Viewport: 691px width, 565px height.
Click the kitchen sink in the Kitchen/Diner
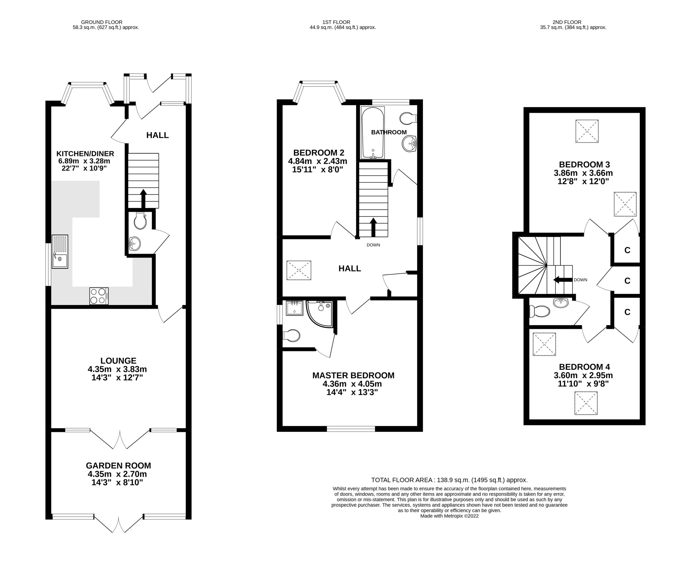pyautogui.click(x=60, y=252)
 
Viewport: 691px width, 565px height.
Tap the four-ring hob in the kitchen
pyautogui.click(x=99, y=296)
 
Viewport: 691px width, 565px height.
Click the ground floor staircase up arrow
pyautogui.click(x=143, y=199)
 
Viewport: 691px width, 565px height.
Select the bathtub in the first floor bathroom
pyautogui.click(x=373, y=132)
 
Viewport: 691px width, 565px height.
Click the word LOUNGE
pyautogui.click(x=118, y=361)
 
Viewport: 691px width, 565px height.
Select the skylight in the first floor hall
pyautogui.click(x=299, y=270)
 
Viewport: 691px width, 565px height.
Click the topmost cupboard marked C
pyautogui.click(x=627, y=250)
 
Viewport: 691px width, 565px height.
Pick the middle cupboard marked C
pyautogui.click(x=627, y=280)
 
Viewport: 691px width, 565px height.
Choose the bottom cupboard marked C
pyautogui.click(x=627, y=312)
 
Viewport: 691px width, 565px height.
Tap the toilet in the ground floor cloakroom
pyautogui.click(x=140, y=221)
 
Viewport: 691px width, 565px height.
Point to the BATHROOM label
pyautogui.click(x=389, y=132)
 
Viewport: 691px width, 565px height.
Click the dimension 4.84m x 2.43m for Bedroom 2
pyautogui.click(x=317, y=161)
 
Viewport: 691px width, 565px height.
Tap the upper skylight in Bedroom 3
pyautogui.click(x=587, y=131)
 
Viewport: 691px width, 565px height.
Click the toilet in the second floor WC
pyautogui.click(x=539, y=311)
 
